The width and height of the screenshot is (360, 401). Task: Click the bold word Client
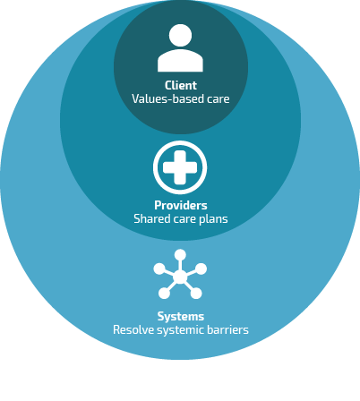(181, 86)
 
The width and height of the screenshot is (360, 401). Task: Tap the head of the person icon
(180, 35)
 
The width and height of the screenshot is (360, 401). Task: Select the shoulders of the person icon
(180, 61)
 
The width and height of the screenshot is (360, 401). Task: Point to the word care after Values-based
(219, 99)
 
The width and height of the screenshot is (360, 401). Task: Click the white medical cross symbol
(180, 167)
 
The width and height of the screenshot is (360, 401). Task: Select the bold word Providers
(181, 205)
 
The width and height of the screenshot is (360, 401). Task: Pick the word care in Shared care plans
(184, 219)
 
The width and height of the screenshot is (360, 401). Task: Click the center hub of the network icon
(180, 277)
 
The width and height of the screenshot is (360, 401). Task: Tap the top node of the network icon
(180, 255)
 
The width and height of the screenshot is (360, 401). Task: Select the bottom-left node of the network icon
(164, 294)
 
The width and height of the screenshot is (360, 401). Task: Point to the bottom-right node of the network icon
(196, 294)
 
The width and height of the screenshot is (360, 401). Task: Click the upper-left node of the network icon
(159, 269)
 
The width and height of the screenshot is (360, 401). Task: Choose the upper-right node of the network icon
(201, 269)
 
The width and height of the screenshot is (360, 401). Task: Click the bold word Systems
(181, 317)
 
